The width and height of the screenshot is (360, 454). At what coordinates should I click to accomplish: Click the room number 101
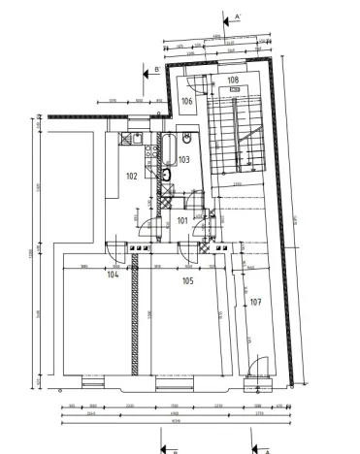coord(183,220)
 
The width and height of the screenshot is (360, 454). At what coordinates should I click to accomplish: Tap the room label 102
coord(131,177)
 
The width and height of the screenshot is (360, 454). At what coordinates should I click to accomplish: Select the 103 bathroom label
coord(183,159)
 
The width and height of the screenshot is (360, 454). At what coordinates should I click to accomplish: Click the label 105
coord(187,280)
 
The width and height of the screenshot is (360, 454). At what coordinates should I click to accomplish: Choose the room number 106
coord(187,101)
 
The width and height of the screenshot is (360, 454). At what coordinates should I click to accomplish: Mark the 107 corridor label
coord(256,302)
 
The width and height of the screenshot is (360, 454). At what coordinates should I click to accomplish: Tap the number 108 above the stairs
coord(233,81)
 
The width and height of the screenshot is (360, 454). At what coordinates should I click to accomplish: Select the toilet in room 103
coord(168,176)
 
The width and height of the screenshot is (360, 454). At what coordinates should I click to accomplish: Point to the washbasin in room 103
coord(187,142)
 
